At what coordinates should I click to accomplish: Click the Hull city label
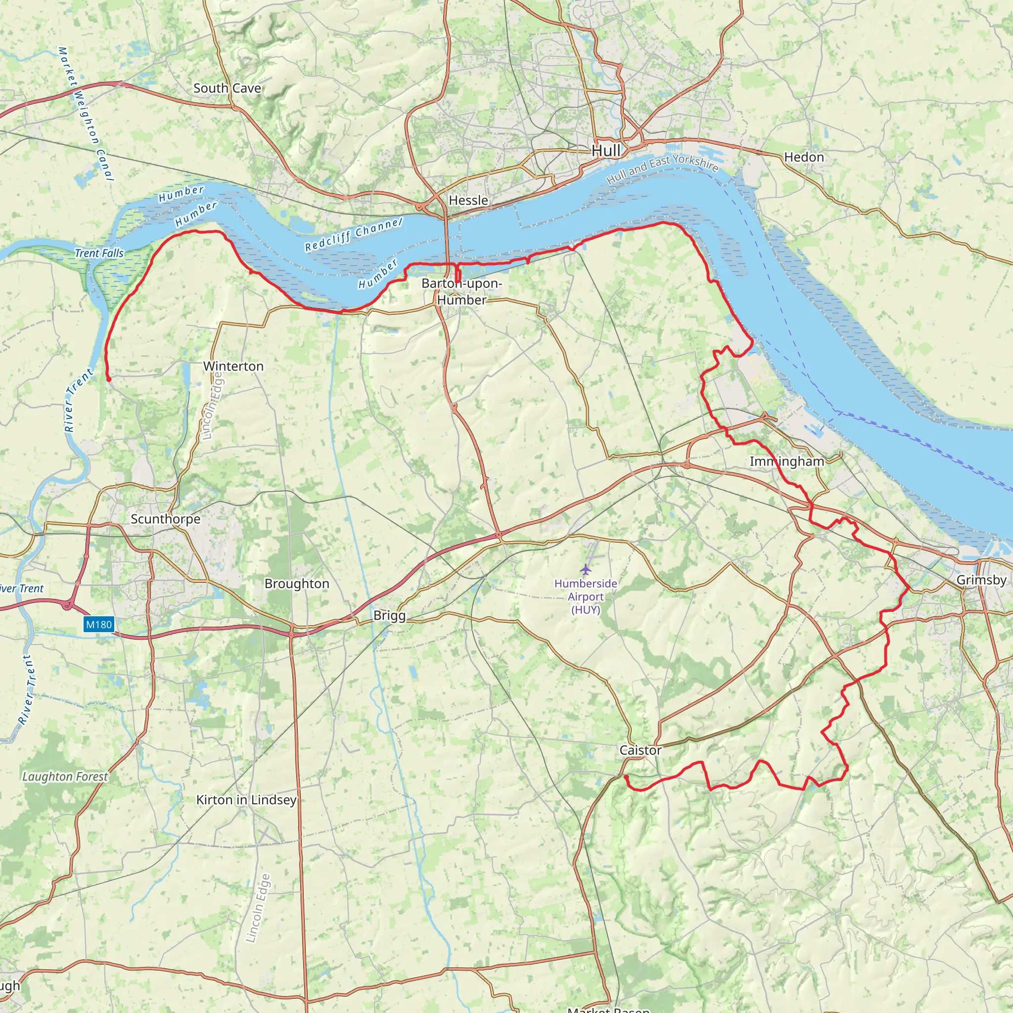tap(605, 151)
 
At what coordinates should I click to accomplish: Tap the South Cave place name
tap(227, 88)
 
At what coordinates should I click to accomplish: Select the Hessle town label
tap(468, 200)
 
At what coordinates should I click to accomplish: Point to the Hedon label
tap(804, 157)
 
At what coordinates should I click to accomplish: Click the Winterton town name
tap(233, 366)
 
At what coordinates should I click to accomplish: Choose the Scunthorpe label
tap(165, 519)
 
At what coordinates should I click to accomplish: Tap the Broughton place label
tap(297, 584)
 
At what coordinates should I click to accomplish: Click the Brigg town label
tap(389, 615)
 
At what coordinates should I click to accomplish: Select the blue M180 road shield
tap(98, 624)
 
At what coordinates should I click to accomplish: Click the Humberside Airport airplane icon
tap(585, 569)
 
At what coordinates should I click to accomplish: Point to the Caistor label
tap(640, 750)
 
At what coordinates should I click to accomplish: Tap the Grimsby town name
tap(981, 580)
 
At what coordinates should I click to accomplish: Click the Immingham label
tap(786, 461)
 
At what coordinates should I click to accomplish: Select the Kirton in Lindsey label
tap(246, 800)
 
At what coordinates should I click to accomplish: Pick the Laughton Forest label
tap(65, 777)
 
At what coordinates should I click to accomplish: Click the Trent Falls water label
tap(98, 253)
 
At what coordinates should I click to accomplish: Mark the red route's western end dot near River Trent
tap(108, 379)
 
